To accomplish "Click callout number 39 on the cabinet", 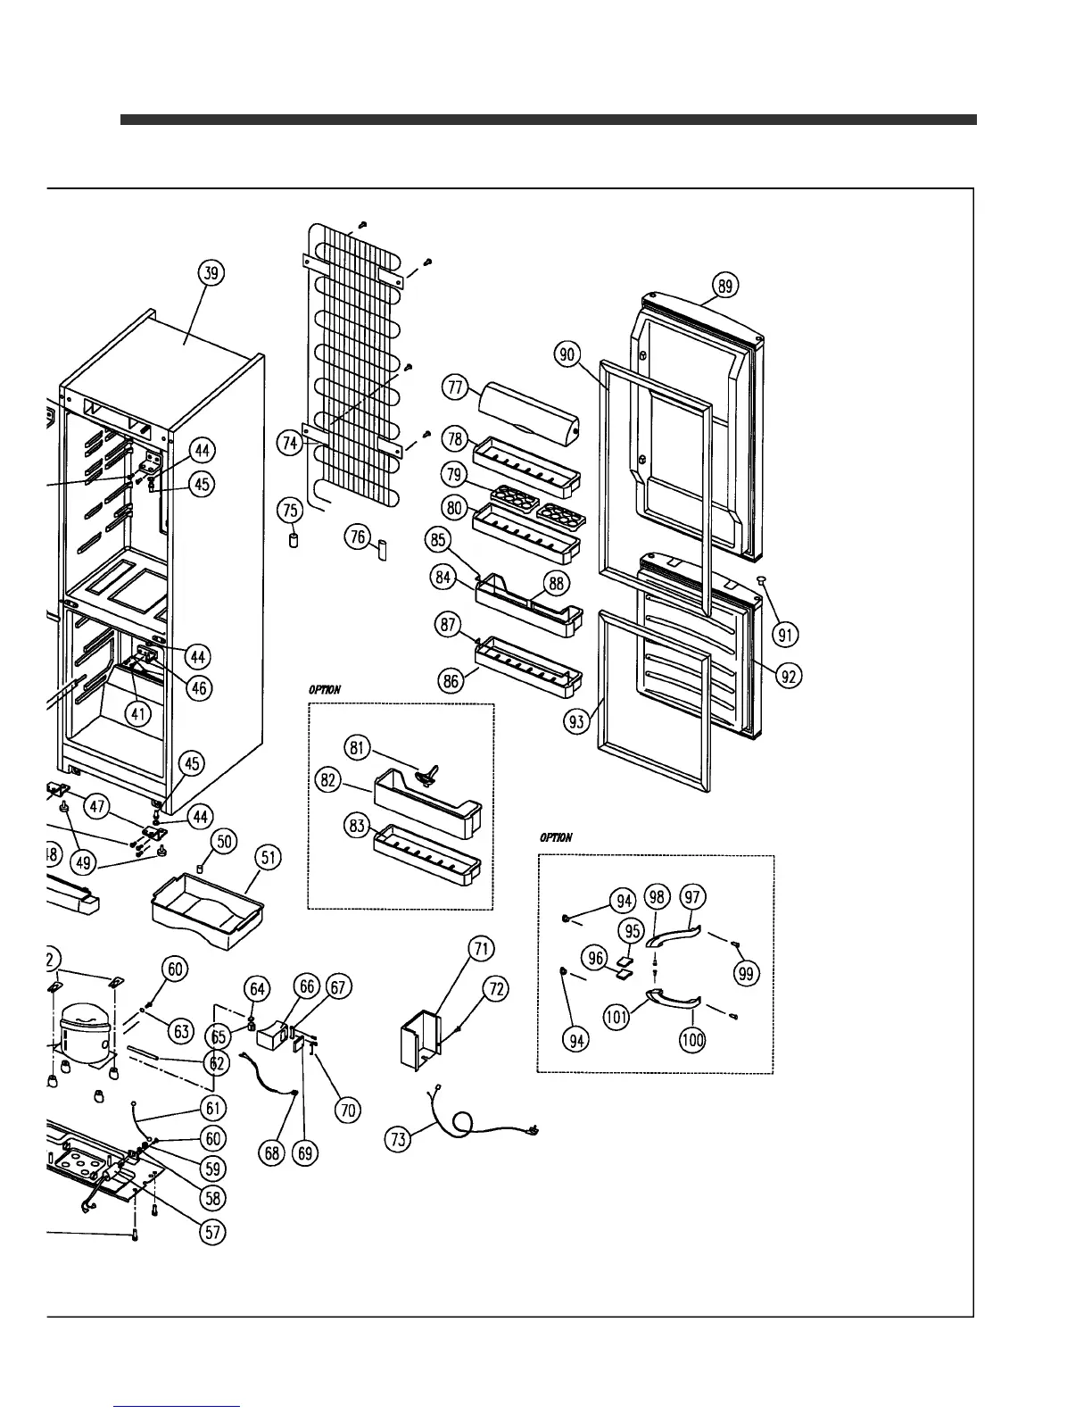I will (x=212, y=273).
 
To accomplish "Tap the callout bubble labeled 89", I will (x=725, y=286).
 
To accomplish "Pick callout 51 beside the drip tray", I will (x=268, y=859).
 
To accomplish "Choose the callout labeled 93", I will (x=578, y=720).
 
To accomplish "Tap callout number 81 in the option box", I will (x=358, y=747).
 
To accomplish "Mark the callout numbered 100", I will (x=692, y=1039).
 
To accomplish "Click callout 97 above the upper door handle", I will (x=692, y=896).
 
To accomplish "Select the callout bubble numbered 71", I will (x=482, y=948).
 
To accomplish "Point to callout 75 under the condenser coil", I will (x=291, y=511).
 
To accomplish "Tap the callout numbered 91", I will (x=786, y=635).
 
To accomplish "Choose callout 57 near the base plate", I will (x=212, y=1233).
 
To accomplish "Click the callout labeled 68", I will (x=273, y=1152).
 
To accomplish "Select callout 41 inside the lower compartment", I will (x=137, y=713).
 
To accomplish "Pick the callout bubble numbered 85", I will (x=438, y=539).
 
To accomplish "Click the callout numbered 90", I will (x=567, y=354).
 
